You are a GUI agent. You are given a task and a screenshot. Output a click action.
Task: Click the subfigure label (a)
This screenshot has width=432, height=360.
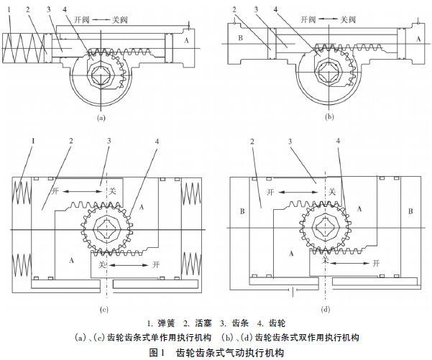coord(101,118)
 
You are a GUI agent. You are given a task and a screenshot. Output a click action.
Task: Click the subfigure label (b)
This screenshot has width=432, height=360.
coord(329,117)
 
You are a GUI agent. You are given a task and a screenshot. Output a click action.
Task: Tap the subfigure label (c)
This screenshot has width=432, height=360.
coord(104,310)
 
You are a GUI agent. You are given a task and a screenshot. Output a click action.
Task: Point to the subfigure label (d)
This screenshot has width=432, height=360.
coord(326,310)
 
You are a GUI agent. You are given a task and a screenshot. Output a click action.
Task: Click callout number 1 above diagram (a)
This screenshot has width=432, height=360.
coord(9,9)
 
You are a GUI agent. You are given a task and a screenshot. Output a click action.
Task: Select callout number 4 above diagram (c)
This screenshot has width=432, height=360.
coord(157,142)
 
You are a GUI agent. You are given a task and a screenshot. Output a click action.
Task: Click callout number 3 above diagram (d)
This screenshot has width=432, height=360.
coord(290,142)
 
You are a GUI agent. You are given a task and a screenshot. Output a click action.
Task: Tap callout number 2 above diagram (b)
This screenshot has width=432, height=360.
coord(234,9)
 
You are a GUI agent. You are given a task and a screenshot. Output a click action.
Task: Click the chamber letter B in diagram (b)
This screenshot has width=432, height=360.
coord(240,38)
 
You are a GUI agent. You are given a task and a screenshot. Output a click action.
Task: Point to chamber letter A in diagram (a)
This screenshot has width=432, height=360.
coord(186,40)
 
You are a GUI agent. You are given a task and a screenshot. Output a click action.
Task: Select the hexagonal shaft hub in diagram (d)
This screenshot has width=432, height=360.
coord(326,227)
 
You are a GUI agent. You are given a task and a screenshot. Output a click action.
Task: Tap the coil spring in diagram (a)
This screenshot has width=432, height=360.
coord(24,48)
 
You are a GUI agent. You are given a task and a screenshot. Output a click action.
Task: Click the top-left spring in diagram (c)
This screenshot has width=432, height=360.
coord(22,193)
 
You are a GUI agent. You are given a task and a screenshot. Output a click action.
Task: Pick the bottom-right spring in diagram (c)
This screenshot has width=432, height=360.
coord(190,266)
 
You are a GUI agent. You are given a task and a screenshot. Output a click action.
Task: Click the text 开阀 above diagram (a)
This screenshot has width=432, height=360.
coord(82,19)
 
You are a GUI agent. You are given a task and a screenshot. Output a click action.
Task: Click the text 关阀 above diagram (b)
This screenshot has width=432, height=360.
coord(348,19)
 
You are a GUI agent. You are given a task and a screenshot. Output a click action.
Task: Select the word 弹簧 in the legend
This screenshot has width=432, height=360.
coord(166,323)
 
